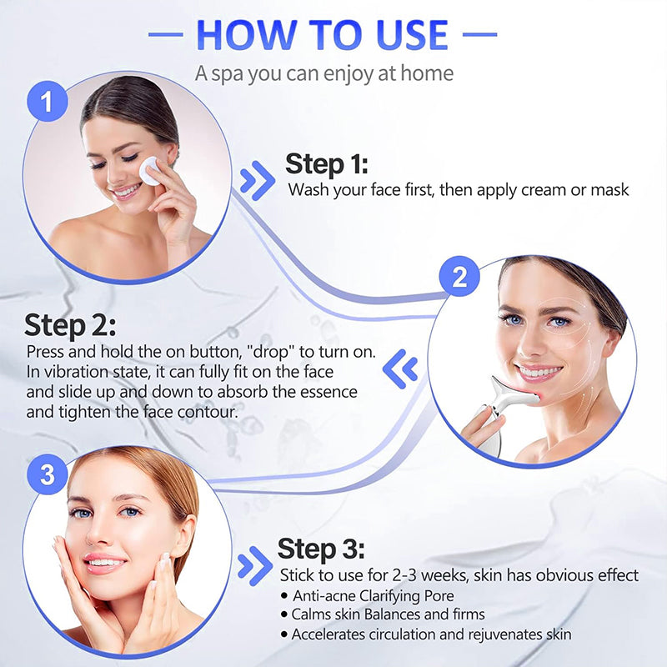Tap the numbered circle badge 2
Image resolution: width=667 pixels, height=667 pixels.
click(x=459, y=278)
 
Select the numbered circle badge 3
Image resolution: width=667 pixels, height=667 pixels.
click(x=48, y=475)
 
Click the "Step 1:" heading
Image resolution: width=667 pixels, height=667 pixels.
click(x=327, y=163)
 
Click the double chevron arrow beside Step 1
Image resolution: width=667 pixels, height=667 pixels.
click(x=257, y=181)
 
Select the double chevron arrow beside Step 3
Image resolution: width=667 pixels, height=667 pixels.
click(x=255, y=565)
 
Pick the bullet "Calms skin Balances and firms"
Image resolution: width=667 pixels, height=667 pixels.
click(x=388, y=614)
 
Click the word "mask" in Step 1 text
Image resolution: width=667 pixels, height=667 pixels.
click(x=611, y=189)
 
